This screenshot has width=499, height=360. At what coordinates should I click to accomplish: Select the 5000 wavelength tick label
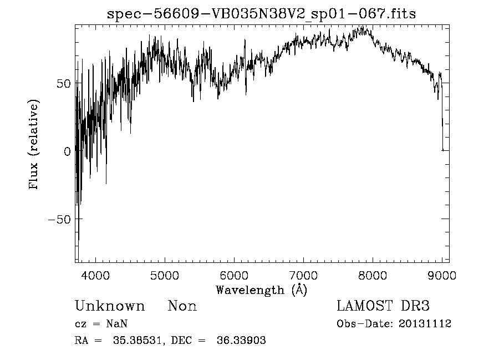[165, 275]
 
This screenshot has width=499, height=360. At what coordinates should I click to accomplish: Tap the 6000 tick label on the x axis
[234, 275]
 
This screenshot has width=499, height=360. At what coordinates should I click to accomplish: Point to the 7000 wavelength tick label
[303, 275]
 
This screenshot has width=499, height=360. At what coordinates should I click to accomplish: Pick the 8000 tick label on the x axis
[373, 275]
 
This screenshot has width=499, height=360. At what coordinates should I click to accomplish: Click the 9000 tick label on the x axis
[441, 275]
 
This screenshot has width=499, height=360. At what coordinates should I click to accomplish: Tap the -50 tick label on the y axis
[61, 219]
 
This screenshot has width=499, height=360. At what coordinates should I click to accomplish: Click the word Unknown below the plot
[110, 306]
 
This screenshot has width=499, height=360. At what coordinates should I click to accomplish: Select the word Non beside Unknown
[182, 306]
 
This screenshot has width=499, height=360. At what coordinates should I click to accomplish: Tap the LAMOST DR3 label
[383, 306]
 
